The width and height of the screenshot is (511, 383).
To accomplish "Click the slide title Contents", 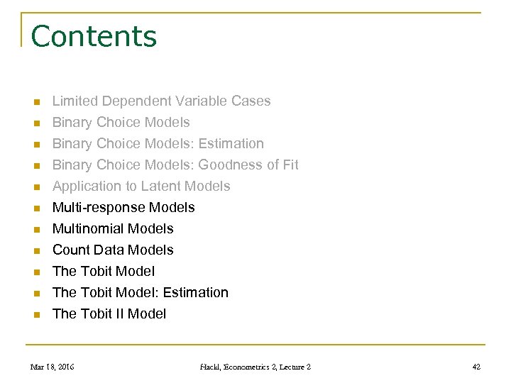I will [94, 36].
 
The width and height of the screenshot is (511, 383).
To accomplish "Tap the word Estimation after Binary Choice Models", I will [231, 144].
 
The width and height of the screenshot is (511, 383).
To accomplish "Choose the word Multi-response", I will [96, 208].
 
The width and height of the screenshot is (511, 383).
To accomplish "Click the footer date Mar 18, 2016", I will [52, 367].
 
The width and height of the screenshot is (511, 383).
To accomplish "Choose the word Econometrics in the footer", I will [254, 367].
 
